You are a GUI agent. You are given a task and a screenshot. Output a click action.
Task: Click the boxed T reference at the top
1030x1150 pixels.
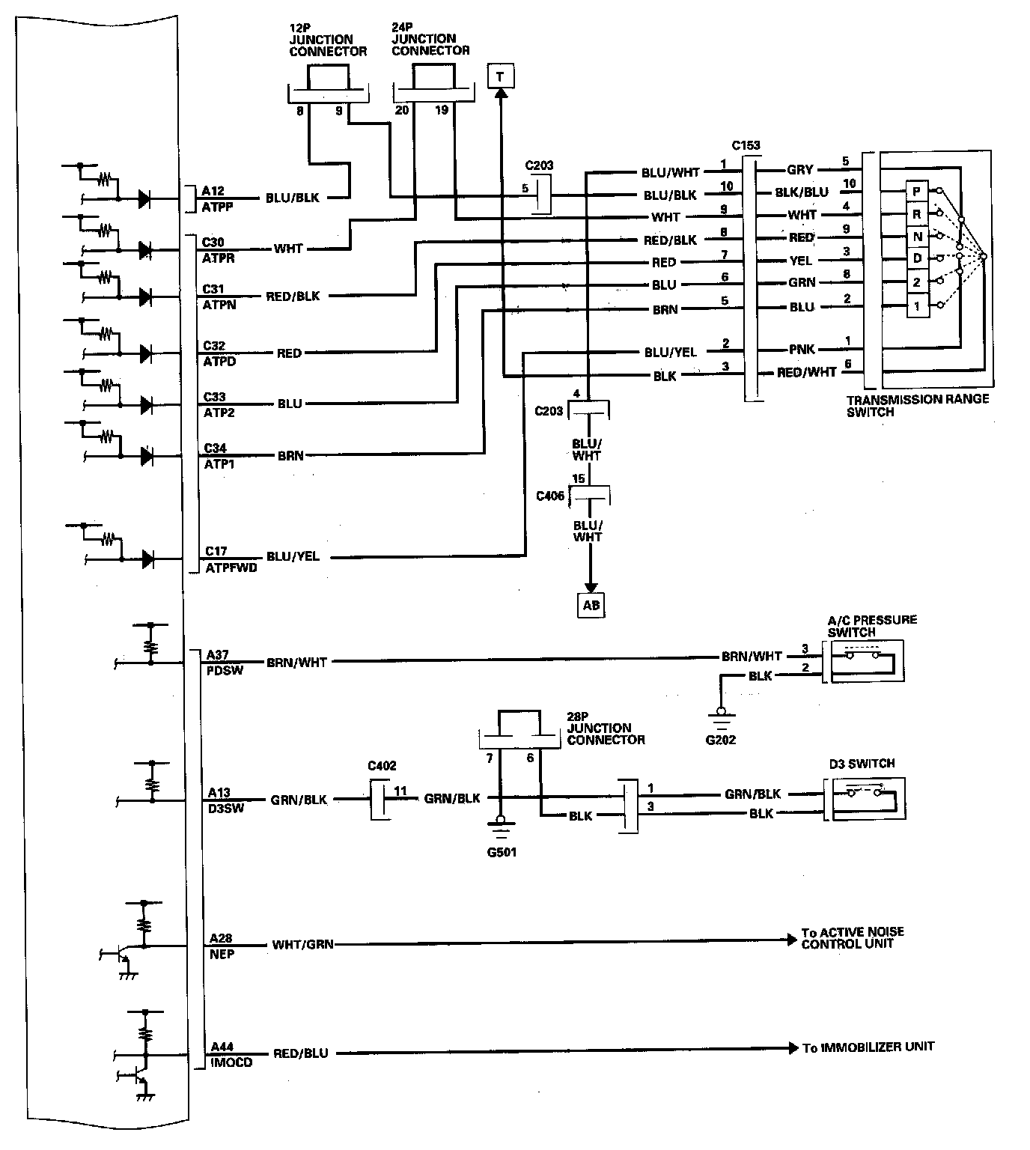(x=499, y=76)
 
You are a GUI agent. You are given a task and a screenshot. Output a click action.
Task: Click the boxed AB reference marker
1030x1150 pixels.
(x=591, y=604)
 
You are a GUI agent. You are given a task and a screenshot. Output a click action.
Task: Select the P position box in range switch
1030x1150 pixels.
(x=916, y=192)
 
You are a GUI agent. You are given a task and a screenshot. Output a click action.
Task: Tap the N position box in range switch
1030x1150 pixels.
(x=916, y=237)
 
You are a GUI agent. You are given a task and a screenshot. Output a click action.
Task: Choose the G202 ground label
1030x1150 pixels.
(x=720, y=740)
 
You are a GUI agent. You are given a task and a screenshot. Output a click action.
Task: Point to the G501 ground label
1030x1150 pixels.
(x=501, y=851)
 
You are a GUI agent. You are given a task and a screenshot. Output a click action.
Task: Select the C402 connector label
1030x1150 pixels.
(x=382, y=766)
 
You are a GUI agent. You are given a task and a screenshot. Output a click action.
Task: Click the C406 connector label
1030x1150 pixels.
(x=550, y=496)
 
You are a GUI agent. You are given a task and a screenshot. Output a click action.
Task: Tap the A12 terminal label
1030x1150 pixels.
(x=213, y=191)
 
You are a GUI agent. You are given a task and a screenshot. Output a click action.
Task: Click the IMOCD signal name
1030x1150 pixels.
(x=231, y=1062)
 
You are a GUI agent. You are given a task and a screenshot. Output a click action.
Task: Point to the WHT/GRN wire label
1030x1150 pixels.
(x=302, y=945)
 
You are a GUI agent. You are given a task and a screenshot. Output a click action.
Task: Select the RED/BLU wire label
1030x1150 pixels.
(x=300, y=1053)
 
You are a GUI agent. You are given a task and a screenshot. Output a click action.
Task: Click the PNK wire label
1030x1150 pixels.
(x=801, y=349)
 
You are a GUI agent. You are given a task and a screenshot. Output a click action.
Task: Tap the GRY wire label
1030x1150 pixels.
(x=800, y=169)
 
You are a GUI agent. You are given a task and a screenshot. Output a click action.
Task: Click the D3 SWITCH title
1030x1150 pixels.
(x=861, y=764)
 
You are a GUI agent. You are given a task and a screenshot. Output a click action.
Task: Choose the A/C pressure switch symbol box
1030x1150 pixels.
(x=865, y=661)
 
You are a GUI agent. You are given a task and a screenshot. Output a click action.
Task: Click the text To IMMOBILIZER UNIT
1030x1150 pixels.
(x=868, y=1047)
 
